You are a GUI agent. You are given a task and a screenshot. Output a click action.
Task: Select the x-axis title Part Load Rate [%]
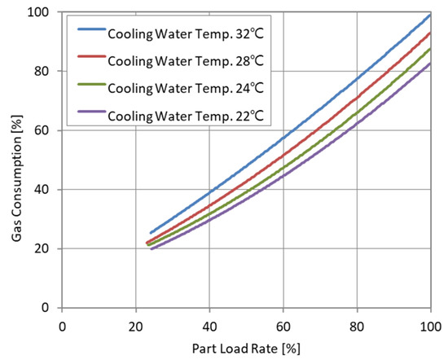click(245, 348)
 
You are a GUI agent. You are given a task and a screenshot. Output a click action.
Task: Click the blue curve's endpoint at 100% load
click(429, 15)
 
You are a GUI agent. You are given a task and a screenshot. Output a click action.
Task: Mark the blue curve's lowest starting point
click(150, 233)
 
